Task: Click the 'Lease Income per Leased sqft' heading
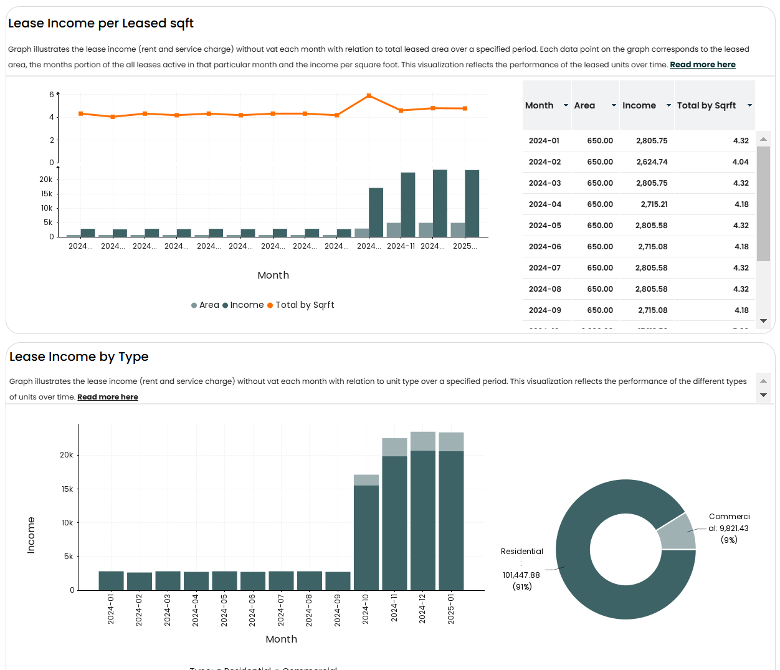101,24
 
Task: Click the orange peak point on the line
369,96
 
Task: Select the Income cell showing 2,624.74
651,162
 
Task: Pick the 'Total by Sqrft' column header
706,106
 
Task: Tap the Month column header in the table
540,106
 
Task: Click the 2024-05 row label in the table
545,226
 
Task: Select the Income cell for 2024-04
654,204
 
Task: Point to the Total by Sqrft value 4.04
740,162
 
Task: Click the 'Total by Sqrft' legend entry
304,305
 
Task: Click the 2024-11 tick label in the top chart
401,246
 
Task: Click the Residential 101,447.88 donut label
521,575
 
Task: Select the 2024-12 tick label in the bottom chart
422,609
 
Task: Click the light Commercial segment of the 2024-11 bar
394,447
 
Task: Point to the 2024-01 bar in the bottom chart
111,580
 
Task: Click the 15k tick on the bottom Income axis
67,489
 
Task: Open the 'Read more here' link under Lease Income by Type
108,397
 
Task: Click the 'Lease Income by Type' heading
79,357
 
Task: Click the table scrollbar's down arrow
763,321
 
